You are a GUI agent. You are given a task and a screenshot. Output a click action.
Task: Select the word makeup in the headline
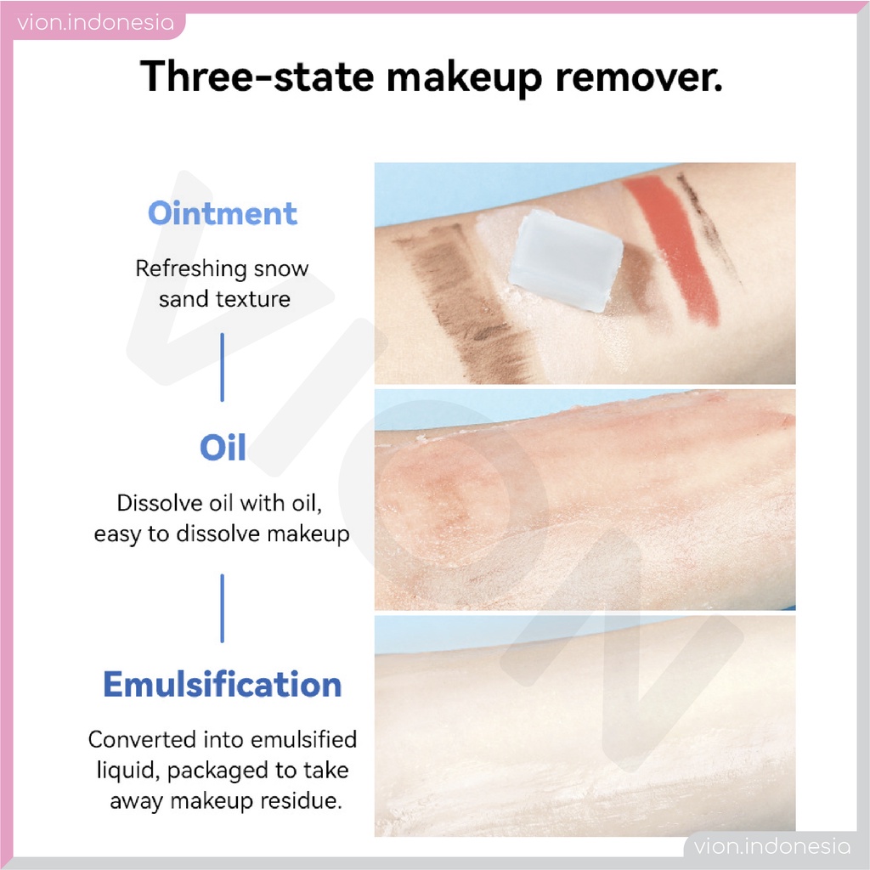[464, 77]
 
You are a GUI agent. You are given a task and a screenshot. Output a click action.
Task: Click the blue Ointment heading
[223, 213]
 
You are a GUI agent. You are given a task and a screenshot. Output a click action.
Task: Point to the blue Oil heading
[223, 447]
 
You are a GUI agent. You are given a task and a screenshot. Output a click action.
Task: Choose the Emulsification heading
[223, 684]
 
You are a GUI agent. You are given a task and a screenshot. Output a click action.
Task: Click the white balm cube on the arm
[565, 260]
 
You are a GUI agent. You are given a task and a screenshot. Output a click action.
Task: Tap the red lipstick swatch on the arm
[674, 249]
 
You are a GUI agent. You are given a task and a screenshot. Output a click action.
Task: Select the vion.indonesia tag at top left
[95, 23]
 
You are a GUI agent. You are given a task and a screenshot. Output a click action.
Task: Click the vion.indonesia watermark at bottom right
[771, 846]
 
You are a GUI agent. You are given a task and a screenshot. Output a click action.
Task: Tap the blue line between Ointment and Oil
[223, 367]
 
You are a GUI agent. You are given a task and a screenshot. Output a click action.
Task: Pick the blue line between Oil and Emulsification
[223, 608]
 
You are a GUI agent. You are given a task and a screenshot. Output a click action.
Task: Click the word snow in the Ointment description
[280, 268]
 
